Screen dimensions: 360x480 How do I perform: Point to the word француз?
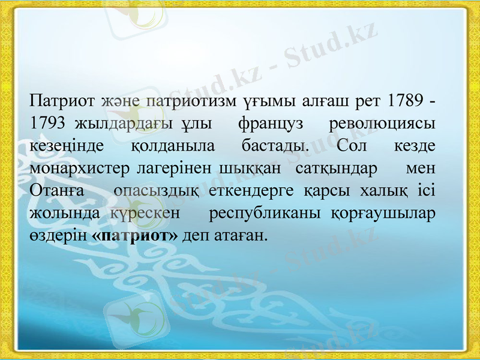point(271,123)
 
